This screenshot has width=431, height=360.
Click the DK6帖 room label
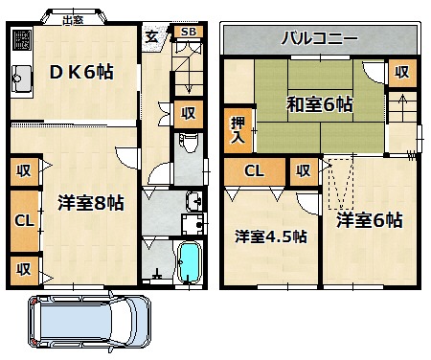pos(81,72)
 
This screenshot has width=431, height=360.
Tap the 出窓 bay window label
pos(73,20)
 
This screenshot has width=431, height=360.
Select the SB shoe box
pos(189,32)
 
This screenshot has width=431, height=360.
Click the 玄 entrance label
pos(151,37)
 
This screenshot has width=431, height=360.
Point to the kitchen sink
pos(21,79)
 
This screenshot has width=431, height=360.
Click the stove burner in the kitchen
pos(22,39)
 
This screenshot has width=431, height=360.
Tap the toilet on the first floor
pos(189,143)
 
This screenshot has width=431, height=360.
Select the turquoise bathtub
pos(190,262)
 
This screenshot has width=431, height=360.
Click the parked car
pos(90,322)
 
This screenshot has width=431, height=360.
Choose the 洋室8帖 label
pos(91,203)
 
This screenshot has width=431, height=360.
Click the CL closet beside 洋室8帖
pos(25,221)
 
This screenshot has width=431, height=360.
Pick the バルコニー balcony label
pos(320,38)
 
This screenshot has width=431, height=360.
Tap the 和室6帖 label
pos(320,104)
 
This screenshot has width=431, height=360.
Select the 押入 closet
pos(238,130)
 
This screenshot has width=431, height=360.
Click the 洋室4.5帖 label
pos(271,236)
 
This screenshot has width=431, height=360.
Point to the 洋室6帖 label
pos(370,220)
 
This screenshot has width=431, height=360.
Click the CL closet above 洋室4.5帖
pos(255,171)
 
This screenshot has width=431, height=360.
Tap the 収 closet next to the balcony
pos(402,73)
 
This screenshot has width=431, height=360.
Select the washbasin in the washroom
pos(193,201)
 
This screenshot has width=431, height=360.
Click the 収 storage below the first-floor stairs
pos(189,114)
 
